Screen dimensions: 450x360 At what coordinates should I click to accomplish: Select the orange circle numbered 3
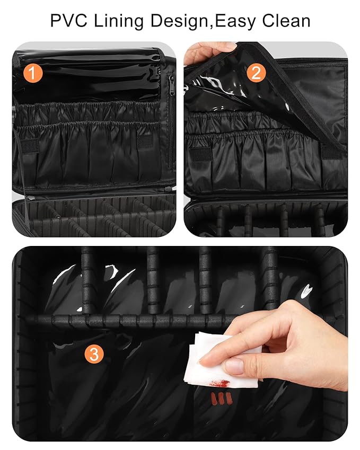[94, 355]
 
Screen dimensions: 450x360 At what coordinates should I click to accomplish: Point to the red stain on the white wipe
[217, 382]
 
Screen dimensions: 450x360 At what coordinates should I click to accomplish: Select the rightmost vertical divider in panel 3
[270, 278]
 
